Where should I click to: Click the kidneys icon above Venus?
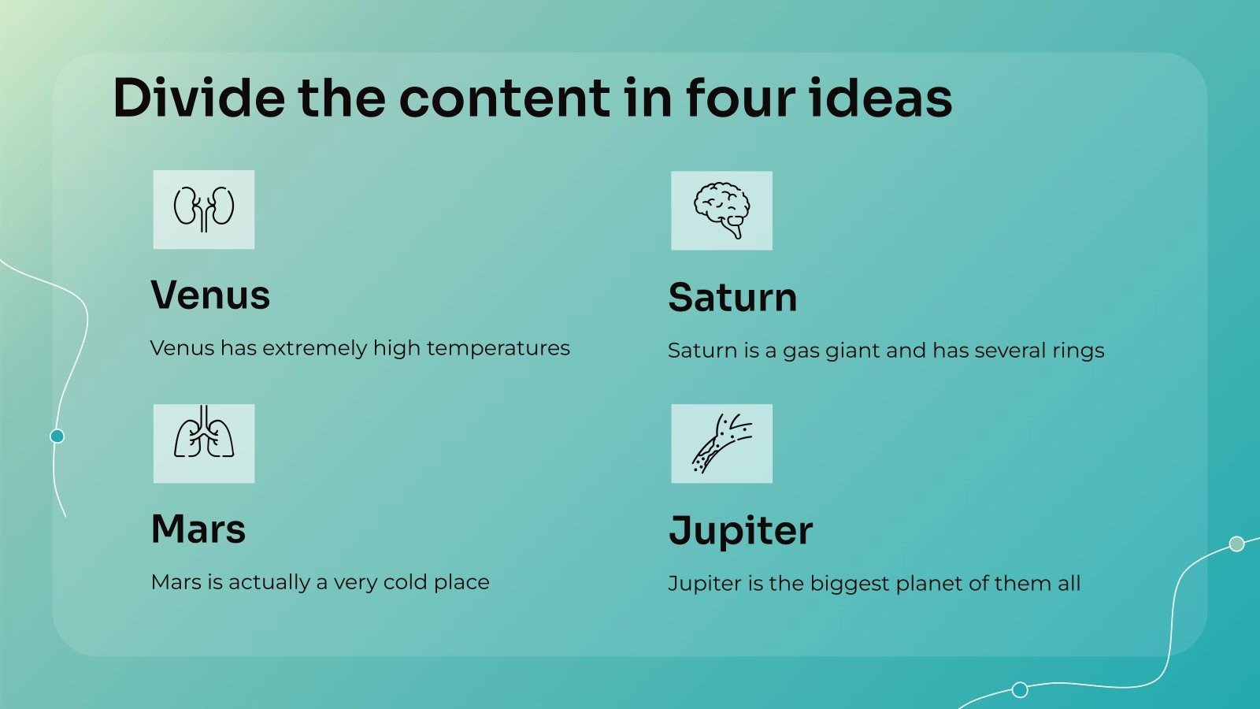pyautogui.click(x=204, y=210)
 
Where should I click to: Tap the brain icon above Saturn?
pyautogui.click(x=721, y=210)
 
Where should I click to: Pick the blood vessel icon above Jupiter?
pyautogui.click(x=721, y=444)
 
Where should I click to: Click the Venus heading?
pyautogui.click(x=210, y=295)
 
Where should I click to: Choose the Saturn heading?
pyautogui.click(x=732, y=297)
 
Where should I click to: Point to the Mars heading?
pyautogui.click(x=198, y=529)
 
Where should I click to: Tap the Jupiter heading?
pyautogui.click(x=741, y=531)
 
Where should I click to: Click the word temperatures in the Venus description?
pyautogui.click(x=498, y=349)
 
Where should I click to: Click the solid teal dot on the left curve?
pyautogui.click(x=57, y=436)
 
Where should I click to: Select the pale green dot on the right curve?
pyautogui.click(x=1236, y=544)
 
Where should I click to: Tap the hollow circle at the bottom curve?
pyautogui.click(x=1020, y=689)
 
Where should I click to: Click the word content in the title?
pyautogui.click(x=505, y=98)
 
